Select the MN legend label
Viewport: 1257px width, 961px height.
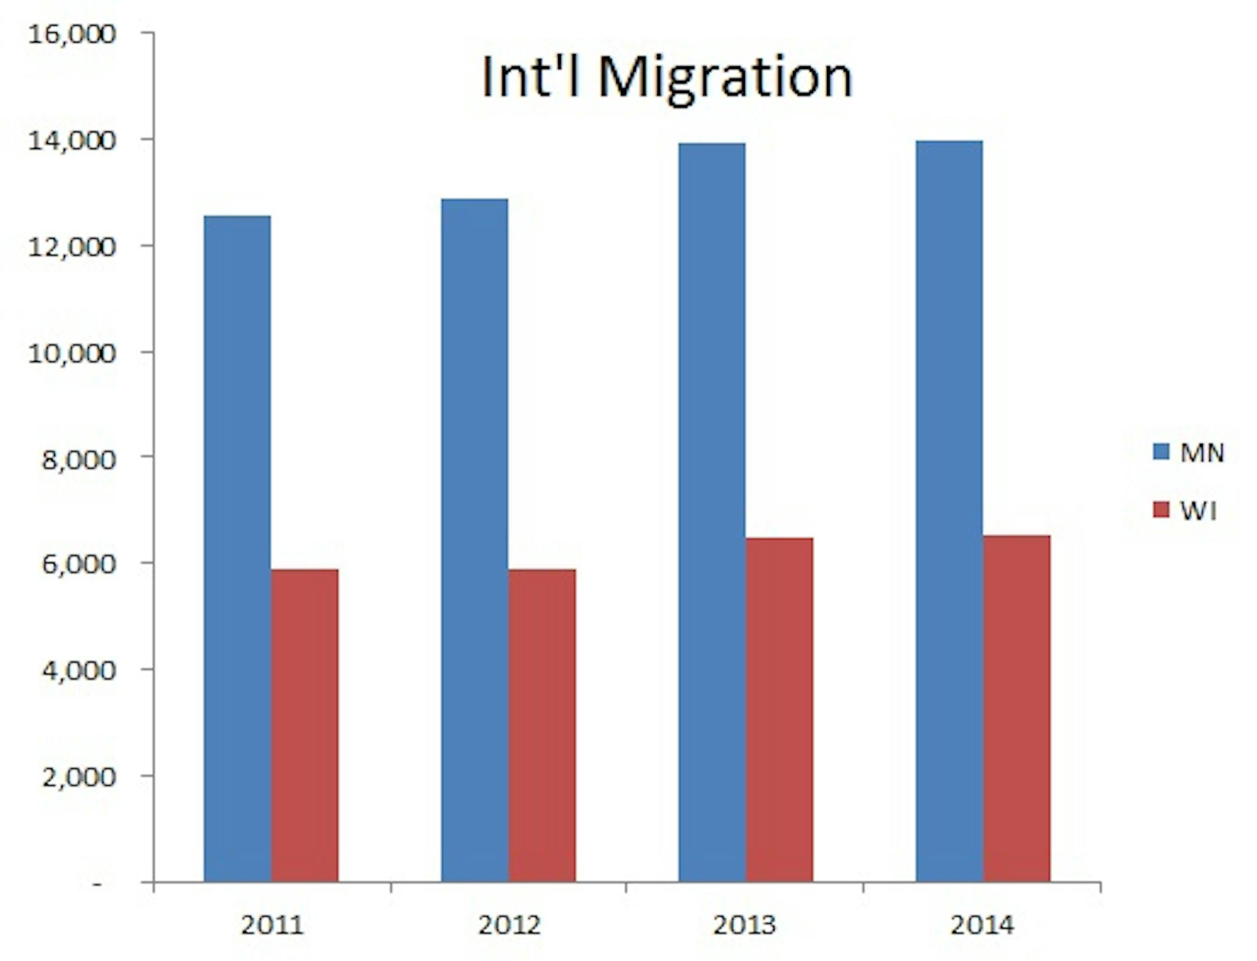click(x=1202, y=453)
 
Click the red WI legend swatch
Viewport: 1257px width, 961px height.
click(x=1160, y=510)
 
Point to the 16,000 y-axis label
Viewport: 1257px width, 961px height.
click(x=72, y=34)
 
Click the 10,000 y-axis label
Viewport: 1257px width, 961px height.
click(x=72, y=353)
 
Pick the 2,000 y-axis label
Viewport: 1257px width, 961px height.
click(x=79, y=777)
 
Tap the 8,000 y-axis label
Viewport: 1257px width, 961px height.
click(x=79, y=459)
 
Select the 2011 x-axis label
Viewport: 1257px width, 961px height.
click(x=272, y=924)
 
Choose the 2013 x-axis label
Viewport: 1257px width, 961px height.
click(x=744, y=924)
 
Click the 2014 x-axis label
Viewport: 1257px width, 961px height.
click(x=982, y=924)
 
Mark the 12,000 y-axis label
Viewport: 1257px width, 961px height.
click(x=72, y=247)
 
